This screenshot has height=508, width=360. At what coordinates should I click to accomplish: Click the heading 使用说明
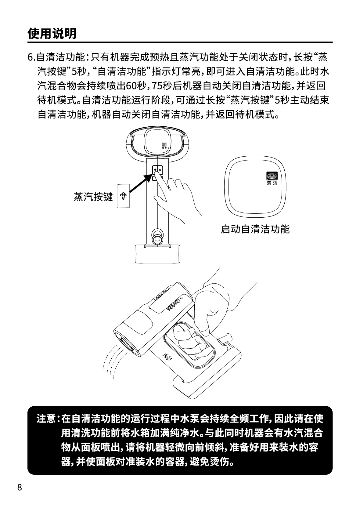(x=52, y=34)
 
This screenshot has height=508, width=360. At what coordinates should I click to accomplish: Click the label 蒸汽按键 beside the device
(x=93, y=197)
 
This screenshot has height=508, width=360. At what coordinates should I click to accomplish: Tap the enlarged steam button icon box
(x=123, y=196)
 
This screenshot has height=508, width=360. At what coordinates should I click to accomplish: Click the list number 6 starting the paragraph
(x=30, y=57)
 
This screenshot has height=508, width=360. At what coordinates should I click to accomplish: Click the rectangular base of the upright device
(x=157, y=254)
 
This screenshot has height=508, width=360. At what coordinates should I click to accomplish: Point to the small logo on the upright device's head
(x=164, y=145)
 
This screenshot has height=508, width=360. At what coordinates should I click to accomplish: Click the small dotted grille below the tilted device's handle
(x=167, y=357)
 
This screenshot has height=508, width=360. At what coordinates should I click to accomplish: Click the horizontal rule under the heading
(x=180, y=42)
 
